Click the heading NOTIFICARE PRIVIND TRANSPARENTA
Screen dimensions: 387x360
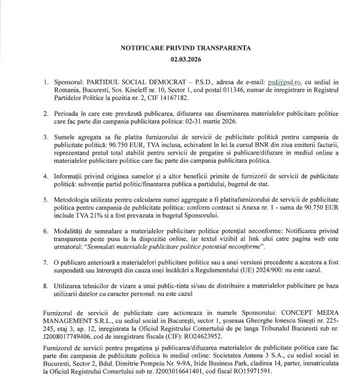click(x=186, y=48)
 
